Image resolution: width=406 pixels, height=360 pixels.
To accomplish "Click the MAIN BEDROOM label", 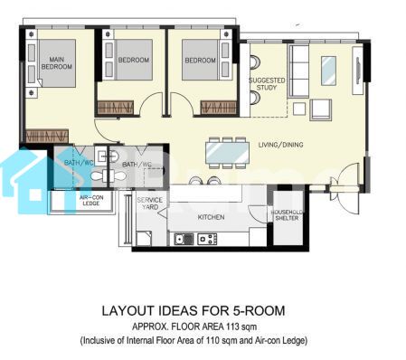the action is point(57,63).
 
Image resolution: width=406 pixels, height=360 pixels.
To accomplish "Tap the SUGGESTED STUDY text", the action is point(267,84).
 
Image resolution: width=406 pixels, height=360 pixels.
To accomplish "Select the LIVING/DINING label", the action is point(280,145).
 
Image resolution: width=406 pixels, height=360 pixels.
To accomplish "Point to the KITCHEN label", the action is point(211,217).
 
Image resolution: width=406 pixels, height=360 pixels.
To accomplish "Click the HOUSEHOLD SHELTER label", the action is point(287,215).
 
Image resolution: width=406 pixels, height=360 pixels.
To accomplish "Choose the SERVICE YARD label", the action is point(150,204).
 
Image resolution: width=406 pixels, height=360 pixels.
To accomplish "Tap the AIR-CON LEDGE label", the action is point(91,201).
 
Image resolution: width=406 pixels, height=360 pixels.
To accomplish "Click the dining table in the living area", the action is point(228,153).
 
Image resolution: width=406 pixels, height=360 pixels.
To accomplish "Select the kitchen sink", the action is point(184,240).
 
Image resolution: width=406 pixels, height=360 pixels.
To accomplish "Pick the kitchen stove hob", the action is point(207,240).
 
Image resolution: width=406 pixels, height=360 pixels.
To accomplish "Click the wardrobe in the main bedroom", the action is point(47,137).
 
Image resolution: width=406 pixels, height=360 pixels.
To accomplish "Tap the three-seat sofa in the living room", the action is point(298,71).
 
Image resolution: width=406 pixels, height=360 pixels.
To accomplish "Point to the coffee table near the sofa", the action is point(328,71).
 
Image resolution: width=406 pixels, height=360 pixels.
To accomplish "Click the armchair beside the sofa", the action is point(321,109).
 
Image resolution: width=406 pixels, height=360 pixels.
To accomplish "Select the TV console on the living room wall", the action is point(358,71).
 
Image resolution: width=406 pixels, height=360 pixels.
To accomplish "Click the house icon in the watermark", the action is point(25,179).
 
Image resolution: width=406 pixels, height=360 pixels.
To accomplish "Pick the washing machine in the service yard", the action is point(144,239).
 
